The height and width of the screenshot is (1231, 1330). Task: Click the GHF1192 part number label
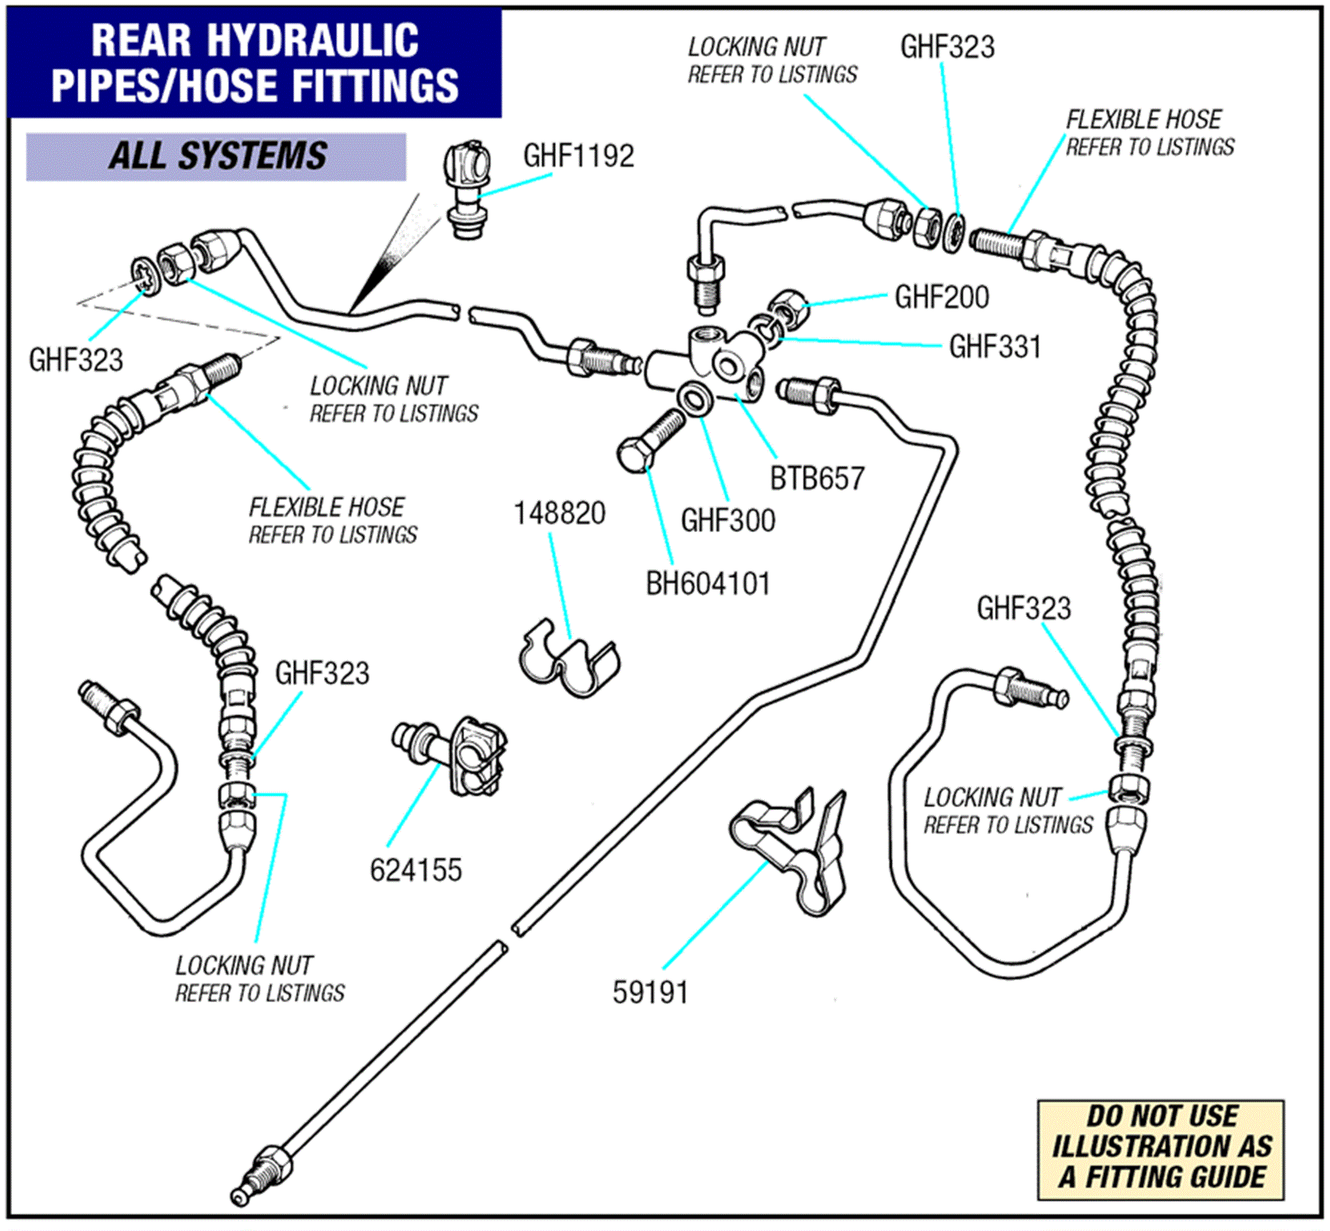(578, 156)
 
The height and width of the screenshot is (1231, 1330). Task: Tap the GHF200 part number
(941, 297)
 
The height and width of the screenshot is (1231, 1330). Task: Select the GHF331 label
(994, 347)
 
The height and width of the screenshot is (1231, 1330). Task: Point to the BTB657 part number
(817, 478)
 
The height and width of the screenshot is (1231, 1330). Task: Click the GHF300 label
(728, 520)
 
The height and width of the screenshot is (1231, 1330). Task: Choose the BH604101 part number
(708, 583)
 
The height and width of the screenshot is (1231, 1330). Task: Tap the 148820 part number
(559, 513)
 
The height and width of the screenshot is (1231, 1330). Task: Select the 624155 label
(416, 870)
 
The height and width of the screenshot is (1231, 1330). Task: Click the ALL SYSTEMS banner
(216, 156)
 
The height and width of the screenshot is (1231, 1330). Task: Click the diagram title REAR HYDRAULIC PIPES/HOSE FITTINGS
(255, 63)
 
